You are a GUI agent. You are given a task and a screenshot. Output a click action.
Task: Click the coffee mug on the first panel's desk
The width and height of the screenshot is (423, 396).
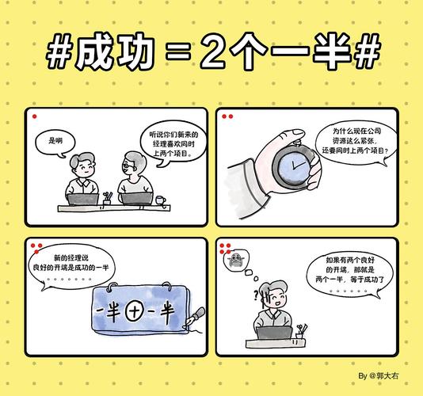point(162,201)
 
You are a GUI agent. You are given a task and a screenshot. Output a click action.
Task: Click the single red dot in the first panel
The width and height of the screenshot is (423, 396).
point(36,117)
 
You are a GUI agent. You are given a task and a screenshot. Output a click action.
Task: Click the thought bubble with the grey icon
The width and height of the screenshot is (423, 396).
point(235,261)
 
